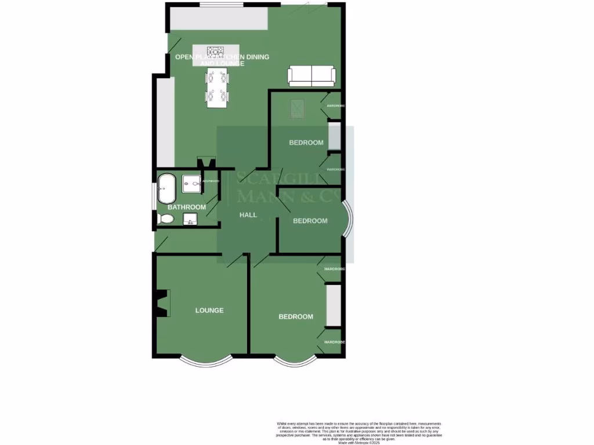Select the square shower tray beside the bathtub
pyautogui.click(x=191, y=184)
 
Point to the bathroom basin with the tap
pyautogui.click(x=191, y=220)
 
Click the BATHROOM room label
pyautogui.click(x=186, y=207)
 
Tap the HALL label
pyautogui.click(x=248, y=215)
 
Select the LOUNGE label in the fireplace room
pyautogui.click(x=209, y=310)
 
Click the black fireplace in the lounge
pyautogui.click(x=162, y=303)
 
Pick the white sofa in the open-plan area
pyautogui.click(x=312, y=76)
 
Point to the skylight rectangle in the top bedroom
pyautogui.click(x=296, y=108)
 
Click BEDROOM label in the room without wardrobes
pyautogui.click(x=310, y=221)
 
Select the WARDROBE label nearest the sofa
pyautogui.click(x=336, y=106)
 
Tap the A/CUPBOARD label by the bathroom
pyautogui.click(x=211, y=181)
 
